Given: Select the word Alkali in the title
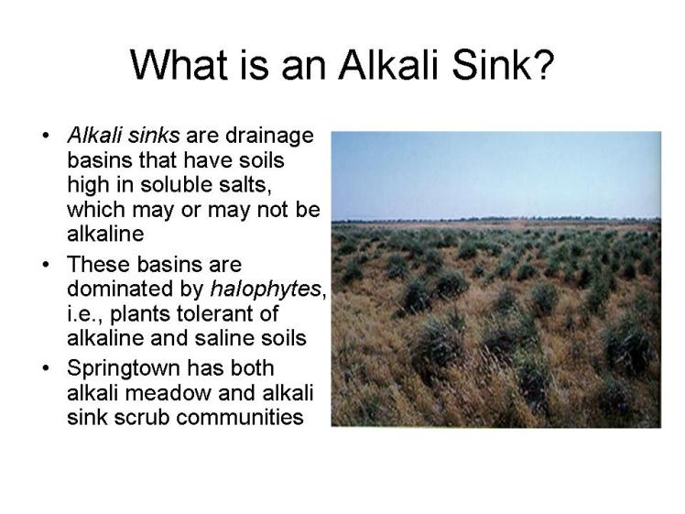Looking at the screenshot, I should click(387, 65).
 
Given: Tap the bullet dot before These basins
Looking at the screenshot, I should click(46, 266).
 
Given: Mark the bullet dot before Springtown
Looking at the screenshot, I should click(46, 369).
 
